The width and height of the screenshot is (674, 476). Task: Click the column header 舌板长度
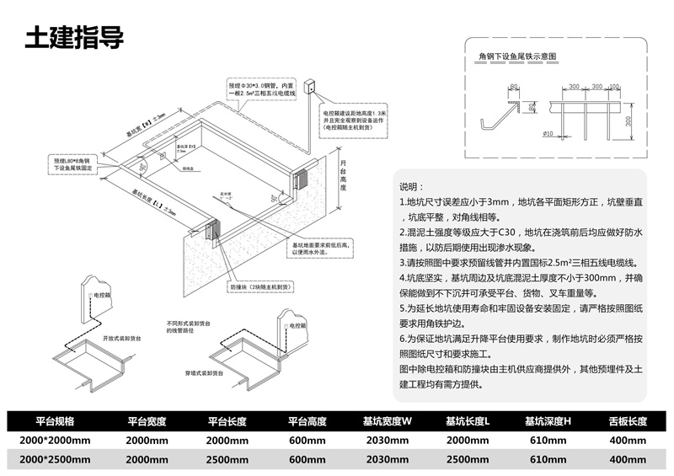[x=627, y=421]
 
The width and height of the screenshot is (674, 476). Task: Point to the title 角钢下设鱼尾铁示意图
[x=513, y=57]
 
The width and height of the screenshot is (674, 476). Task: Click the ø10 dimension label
[x=548, y=133]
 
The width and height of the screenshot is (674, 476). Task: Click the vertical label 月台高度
[x=343, y=176]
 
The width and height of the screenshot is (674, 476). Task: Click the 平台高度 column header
[x=308, y=421]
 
